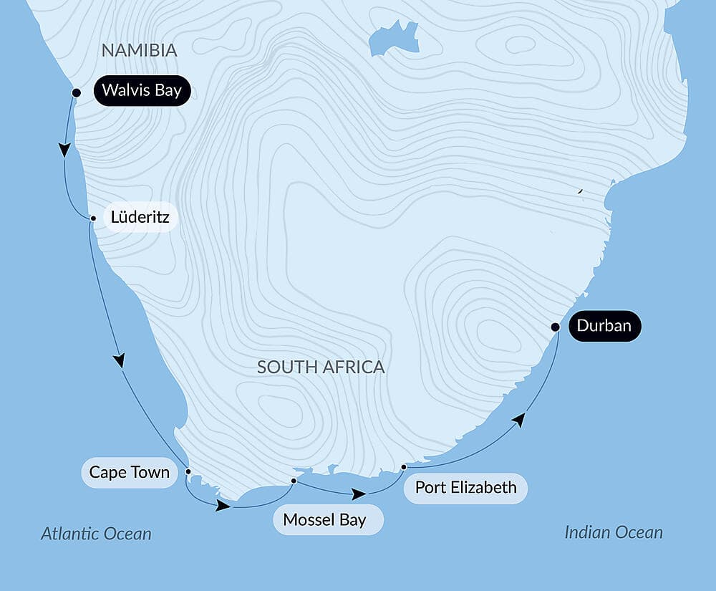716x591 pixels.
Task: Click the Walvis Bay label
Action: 142,91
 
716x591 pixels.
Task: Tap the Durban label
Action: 604,327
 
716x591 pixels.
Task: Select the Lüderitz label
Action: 140,217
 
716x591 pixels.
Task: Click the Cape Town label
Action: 129,473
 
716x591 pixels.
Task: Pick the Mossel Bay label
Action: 324,520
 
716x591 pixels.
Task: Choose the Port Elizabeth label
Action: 465,488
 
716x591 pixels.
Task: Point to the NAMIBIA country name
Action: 139,50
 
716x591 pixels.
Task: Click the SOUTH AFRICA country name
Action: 321,367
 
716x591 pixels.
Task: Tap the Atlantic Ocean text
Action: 96,534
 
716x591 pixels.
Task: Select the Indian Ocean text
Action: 614,532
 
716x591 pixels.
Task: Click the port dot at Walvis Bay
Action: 76,92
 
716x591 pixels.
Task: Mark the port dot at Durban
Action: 555,327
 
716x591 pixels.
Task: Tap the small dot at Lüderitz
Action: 92,218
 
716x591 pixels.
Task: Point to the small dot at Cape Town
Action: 188,471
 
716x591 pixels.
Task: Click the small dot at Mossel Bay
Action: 294,481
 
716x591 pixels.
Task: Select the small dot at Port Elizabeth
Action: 404,467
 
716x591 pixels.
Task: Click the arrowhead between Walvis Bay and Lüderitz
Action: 64,150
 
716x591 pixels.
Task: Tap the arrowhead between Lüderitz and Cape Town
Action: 120,360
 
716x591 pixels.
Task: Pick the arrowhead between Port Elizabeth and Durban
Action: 519,419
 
